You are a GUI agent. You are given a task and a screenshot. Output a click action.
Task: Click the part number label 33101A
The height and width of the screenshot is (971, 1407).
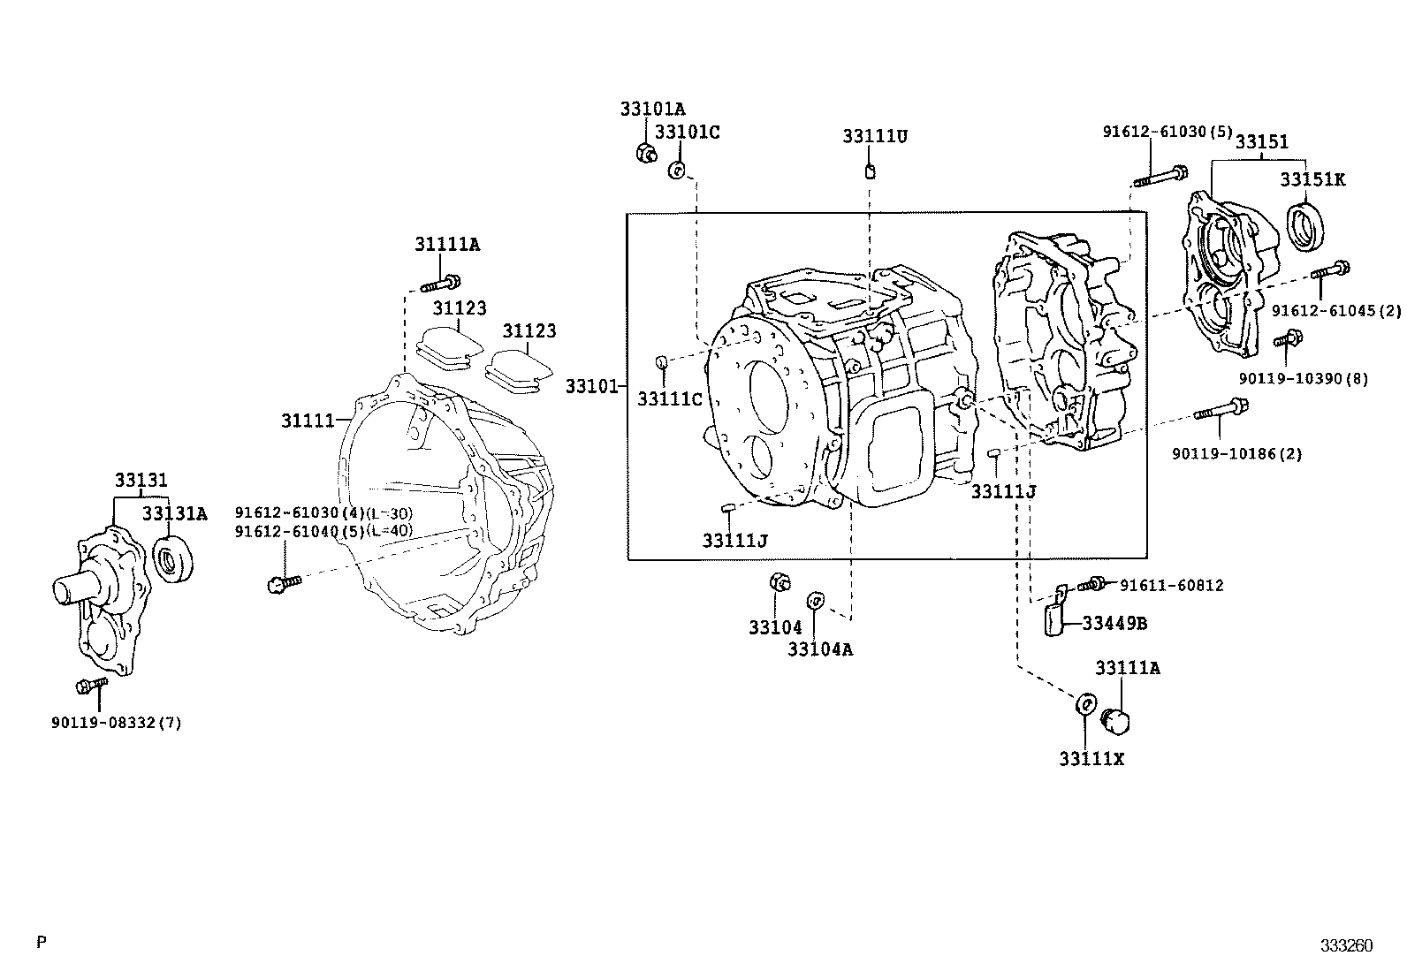tap(652, 110)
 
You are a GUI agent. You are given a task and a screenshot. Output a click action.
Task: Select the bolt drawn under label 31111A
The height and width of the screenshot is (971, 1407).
tap(439, 284)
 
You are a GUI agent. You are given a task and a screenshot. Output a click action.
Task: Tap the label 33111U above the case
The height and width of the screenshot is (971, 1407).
tap(874, 137)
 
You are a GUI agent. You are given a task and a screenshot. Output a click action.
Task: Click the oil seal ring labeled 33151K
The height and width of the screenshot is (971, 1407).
tap(1308, 225)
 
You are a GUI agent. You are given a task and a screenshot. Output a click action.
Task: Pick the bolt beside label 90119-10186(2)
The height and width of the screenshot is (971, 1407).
tap(1221, 410)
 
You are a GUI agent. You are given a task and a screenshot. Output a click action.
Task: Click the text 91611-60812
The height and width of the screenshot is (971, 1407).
tap(1171, 586)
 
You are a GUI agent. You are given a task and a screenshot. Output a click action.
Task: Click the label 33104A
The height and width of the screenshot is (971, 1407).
tap(820, 649)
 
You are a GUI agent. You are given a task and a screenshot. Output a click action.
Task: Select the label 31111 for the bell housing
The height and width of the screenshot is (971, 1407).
tap(307, 421)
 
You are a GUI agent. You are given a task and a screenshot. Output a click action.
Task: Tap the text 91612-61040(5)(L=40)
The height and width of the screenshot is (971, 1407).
tap(323, 530)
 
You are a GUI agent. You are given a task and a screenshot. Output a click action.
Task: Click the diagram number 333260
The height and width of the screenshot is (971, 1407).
tap(1346, 945)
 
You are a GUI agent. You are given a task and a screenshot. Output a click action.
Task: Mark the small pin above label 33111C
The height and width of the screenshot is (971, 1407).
tap(659, 361)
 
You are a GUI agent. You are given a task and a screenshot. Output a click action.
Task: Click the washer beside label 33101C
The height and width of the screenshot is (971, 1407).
tap(676, 171)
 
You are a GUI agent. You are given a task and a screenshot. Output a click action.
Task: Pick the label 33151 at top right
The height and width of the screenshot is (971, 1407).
tap(1261, 142)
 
